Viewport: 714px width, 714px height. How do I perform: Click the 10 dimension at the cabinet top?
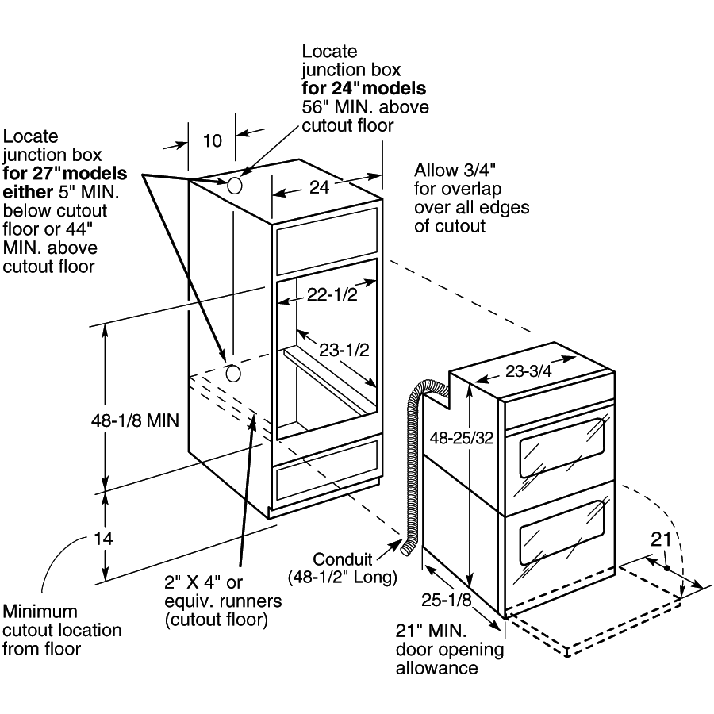point(212,141)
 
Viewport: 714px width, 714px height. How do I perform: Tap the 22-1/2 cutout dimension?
point(328,295)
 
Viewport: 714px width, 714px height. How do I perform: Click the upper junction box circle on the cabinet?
point(236,185)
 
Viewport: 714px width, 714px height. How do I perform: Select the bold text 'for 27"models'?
point(64,173)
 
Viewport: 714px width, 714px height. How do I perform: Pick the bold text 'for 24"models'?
point(363,87)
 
